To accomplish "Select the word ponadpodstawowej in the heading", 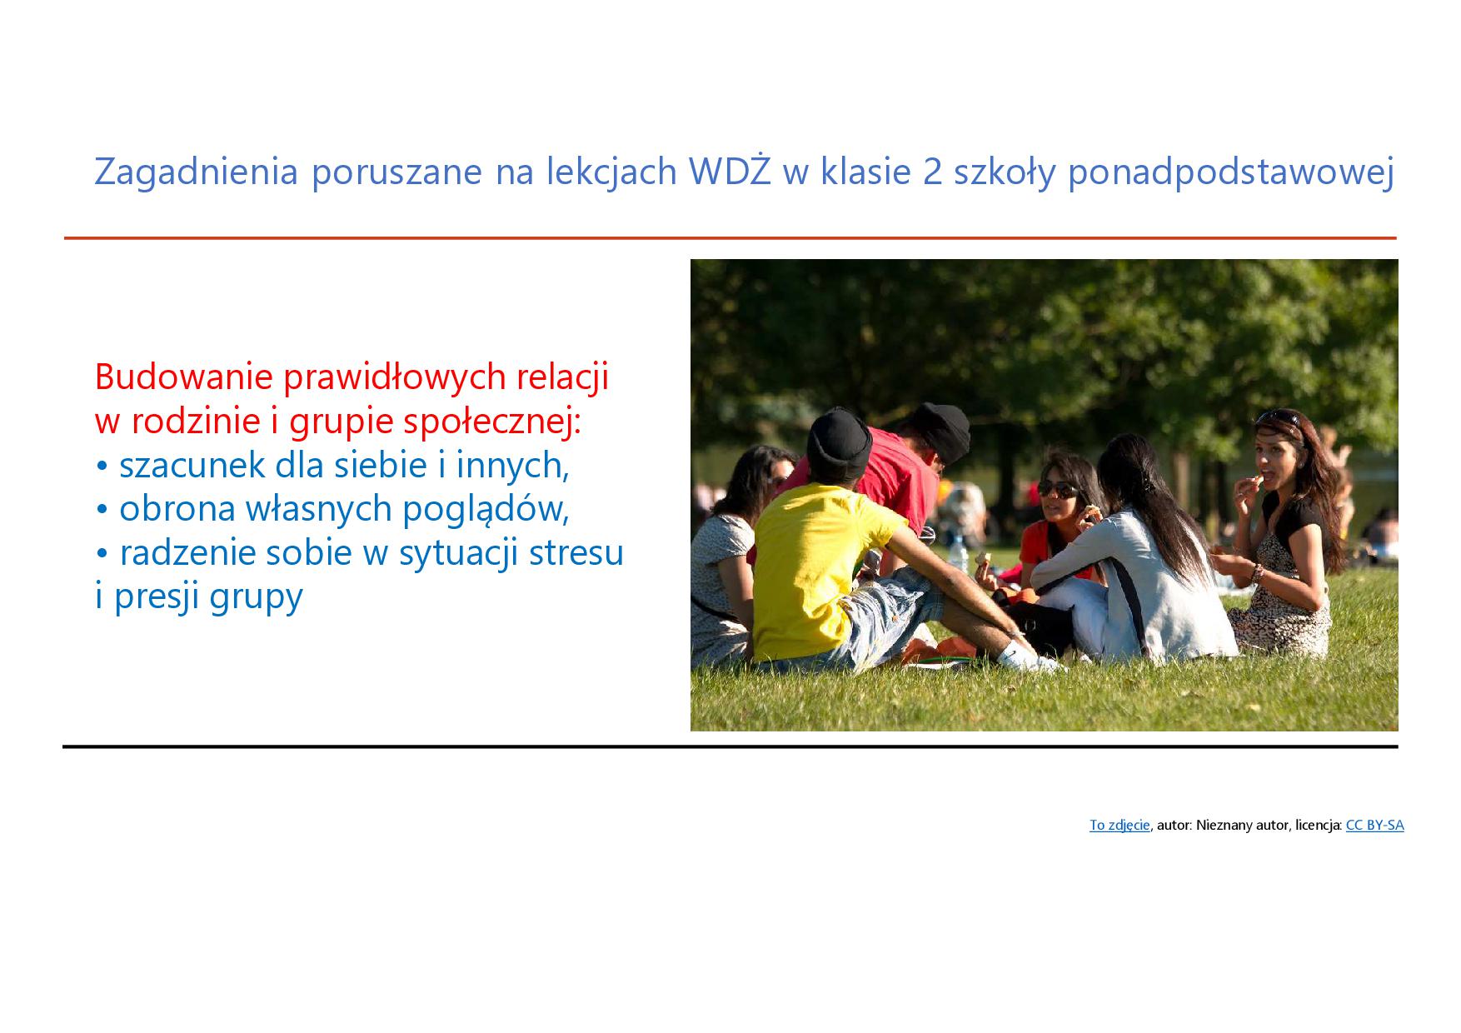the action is [x=1230, y=173].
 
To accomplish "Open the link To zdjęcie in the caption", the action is [x=1119, y=826].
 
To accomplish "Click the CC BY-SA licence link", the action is [x=1374, y=826].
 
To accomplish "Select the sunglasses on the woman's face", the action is [x=1056, y=489].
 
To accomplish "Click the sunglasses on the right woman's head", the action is [x=1279, y=416].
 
